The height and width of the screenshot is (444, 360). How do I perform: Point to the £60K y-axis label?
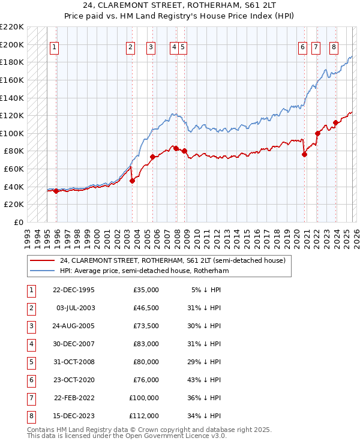[x=14, y=169]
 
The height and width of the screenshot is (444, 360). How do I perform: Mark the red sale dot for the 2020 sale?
[x=304, y=154]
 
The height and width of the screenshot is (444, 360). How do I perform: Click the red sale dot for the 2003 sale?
[x=132, y=181]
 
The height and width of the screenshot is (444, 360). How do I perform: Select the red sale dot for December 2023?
[x=336, y=122]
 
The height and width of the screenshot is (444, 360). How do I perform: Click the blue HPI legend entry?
[x=144, y=271]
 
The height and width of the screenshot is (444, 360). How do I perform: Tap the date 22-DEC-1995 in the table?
[x=74, y=290]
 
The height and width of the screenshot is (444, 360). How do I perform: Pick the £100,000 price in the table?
[x=144, y=398]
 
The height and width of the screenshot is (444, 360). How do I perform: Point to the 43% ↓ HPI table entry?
[x=204, y=380]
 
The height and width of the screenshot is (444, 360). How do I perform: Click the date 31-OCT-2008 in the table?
[x=74, y=362]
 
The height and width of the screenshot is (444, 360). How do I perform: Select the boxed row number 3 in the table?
[x=31, y=326]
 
